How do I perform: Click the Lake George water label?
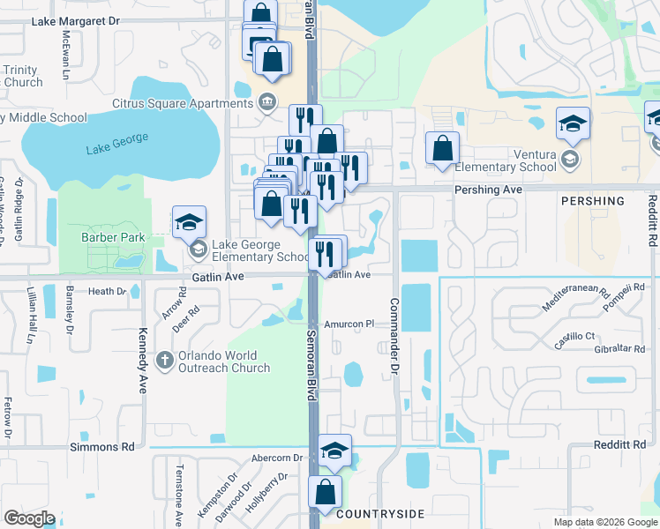tap(118, 144)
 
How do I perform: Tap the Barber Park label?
tap(112, 237)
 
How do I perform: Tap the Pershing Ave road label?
tap(488, 190)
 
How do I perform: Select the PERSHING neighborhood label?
tap(593, 202)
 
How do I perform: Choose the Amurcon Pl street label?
tap(350, 324)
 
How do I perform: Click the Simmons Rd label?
tap(101, 447)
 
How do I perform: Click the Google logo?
tap(29, 518)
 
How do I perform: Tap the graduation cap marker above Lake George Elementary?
tap(190, 224)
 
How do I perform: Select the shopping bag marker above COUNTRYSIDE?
tap(325, 491)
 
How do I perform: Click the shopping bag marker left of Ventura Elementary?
tap(442, 147)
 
